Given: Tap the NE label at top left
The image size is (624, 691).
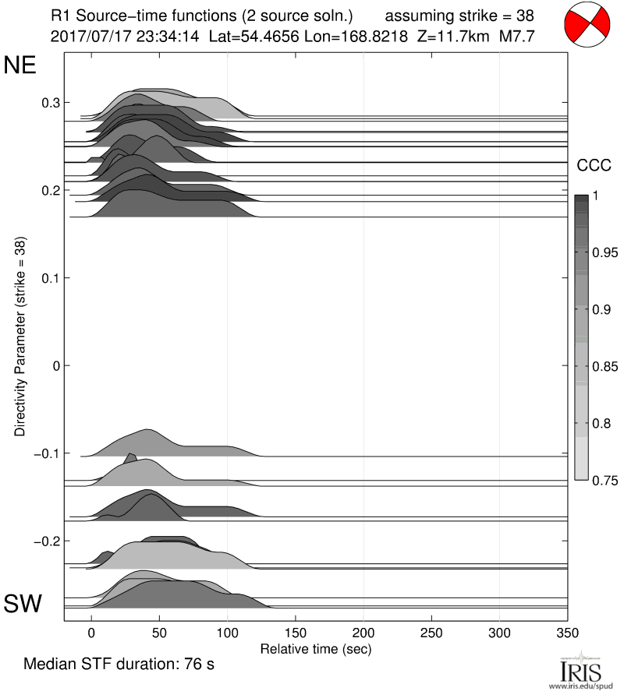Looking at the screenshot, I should [x=21, y=65].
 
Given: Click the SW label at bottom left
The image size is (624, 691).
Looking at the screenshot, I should [x=23, y=603].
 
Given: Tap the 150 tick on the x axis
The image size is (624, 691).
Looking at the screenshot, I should [x=296, y=633].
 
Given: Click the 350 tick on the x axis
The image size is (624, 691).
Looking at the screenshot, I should [x=568, y=633].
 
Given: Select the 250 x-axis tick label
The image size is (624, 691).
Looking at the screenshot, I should [x=431, y=633].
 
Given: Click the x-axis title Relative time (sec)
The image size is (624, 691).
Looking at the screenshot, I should [x=315, y=648].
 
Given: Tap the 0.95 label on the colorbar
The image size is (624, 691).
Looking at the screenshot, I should [x=601, y=253].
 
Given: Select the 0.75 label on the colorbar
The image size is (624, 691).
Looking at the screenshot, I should [x=601, y=481].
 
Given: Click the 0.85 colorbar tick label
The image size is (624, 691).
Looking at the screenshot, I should [x=601, y=367].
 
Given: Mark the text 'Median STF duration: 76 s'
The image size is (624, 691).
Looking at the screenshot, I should [x=119, y=665].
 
